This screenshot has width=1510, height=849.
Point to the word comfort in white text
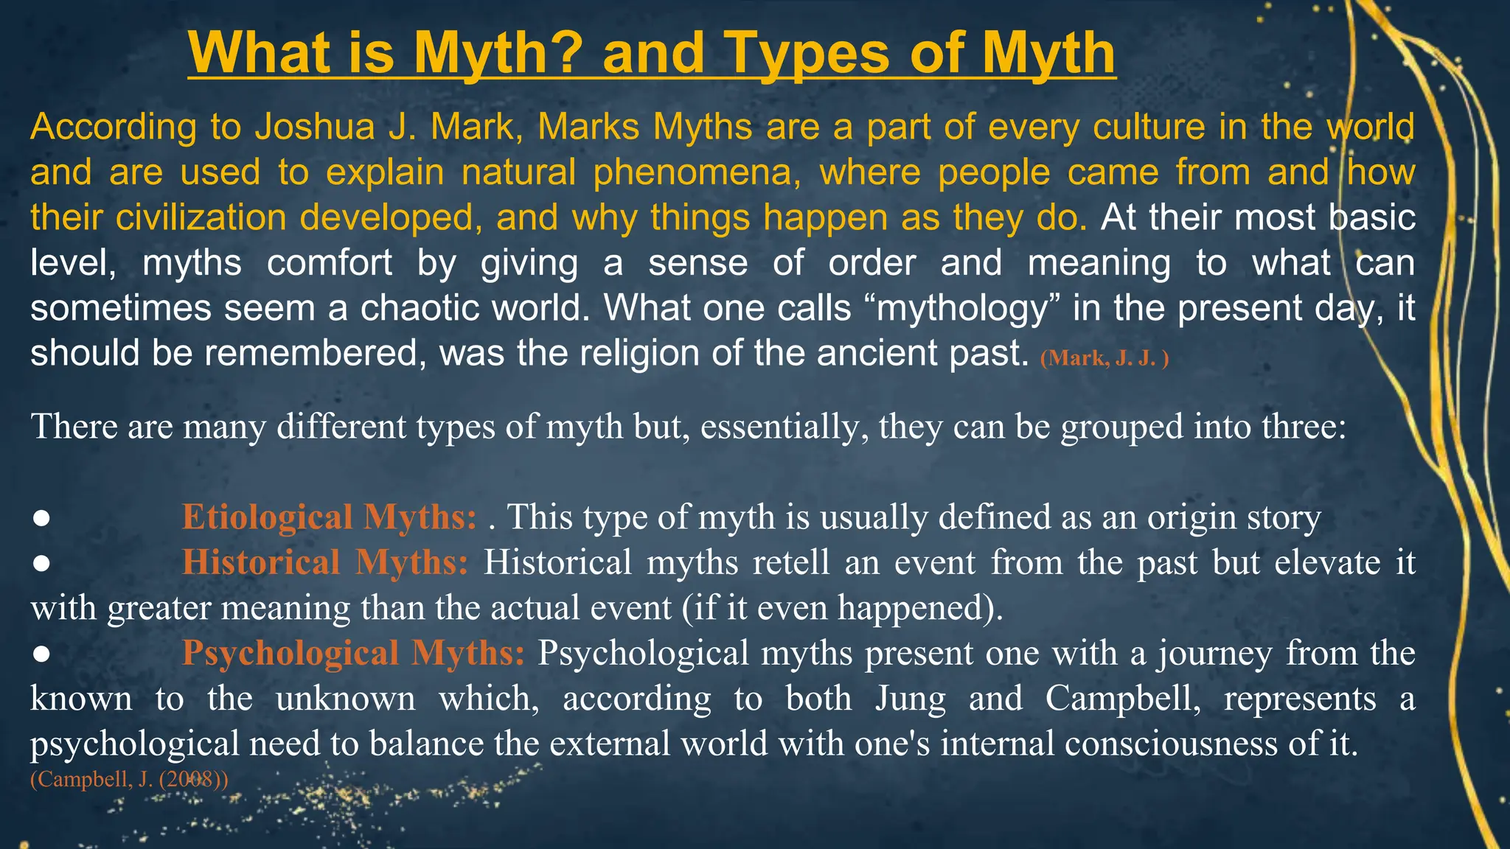329,263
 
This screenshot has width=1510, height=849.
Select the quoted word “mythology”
967,308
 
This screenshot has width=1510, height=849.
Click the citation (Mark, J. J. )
1104,358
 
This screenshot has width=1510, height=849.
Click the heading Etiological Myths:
330,517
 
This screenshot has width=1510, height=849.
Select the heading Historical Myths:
325,562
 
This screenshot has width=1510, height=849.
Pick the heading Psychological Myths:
353,653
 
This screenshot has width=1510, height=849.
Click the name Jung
910,699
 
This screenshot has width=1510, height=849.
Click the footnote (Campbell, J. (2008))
129,780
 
